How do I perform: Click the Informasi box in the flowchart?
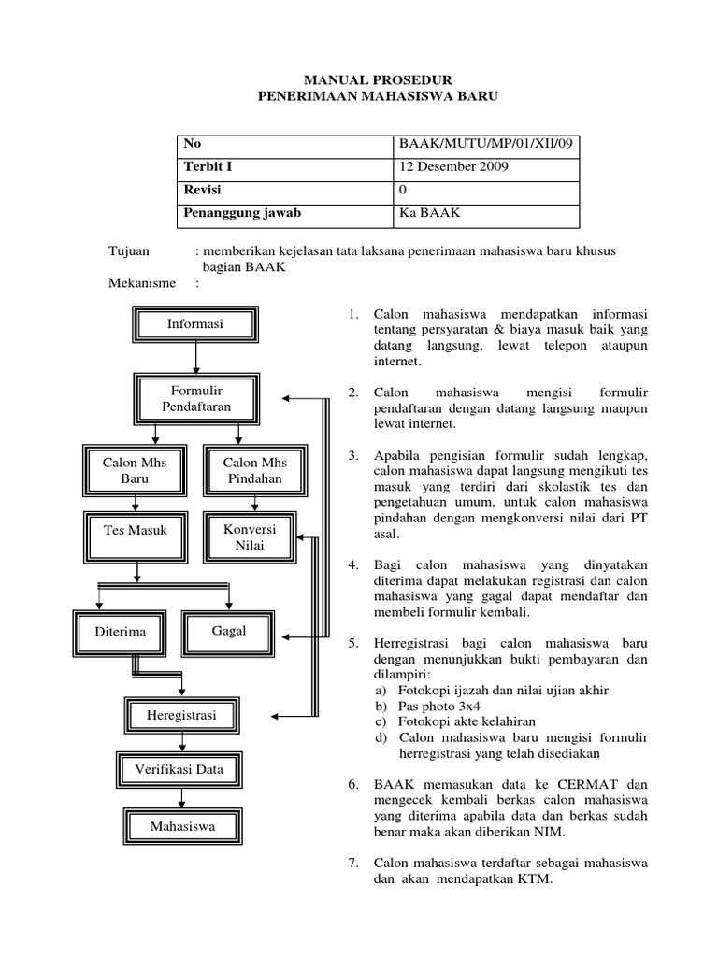click(195, 324)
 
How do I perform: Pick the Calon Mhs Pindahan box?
click(254, 470)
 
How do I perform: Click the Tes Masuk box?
click(135, 531)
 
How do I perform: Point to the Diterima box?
click(121, 632)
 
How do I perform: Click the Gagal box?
click(229, 631)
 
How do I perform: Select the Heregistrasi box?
click(181, 715)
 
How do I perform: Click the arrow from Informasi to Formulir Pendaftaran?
click(195, 358)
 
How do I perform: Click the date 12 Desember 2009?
click(454, 167)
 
